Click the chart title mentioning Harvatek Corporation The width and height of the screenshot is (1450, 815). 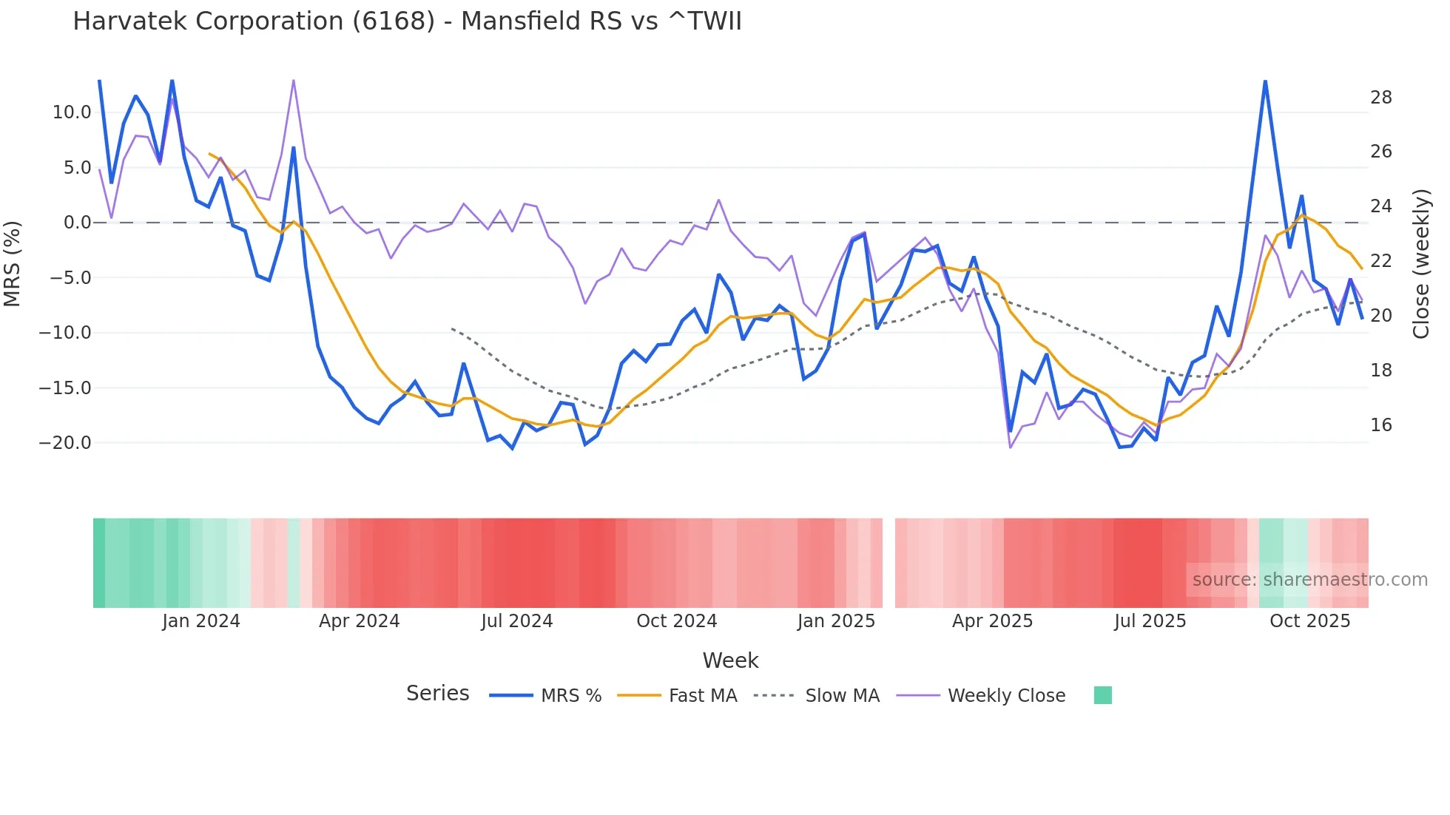407,21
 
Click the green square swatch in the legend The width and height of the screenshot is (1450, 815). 1102,695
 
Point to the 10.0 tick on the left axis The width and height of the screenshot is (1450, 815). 72,112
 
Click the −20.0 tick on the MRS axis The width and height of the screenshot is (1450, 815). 65,443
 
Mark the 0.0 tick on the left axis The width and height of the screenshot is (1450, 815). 77,223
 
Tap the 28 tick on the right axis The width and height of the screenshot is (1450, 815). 1381,98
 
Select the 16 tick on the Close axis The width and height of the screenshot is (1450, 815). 1381,425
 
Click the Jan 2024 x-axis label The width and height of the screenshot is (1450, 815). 201,621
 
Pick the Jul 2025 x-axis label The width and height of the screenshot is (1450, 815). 1150,621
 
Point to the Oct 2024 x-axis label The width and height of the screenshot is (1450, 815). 676,621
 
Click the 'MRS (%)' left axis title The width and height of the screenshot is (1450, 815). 13,263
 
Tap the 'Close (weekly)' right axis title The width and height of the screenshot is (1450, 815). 1421,264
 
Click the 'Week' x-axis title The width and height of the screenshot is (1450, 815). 730,660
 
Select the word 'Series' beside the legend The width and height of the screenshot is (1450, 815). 437,694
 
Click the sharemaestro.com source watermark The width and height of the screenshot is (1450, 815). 1309,580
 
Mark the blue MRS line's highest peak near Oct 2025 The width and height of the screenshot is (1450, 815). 1265,81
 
